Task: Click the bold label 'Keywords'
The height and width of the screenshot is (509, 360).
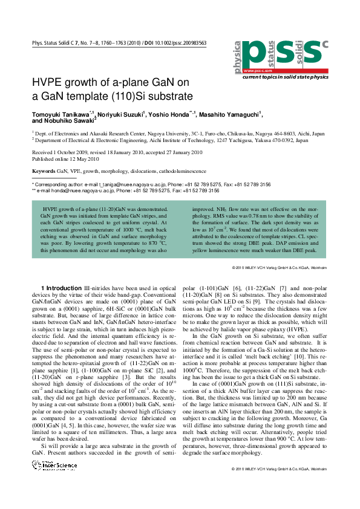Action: click(43, 171)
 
